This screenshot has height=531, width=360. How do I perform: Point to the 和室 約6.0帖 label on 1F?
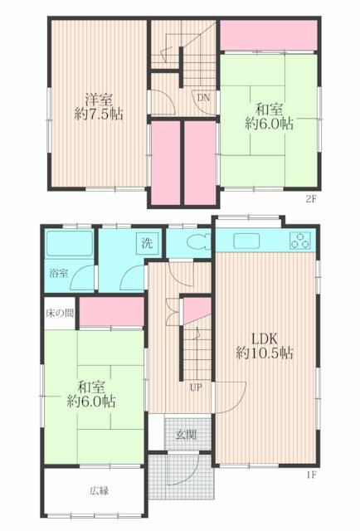tap(91, 394)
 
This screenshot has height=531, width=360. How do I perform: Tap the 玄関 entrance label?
tap(185, 435)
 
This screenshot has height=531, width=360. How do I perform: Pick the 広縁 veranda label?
tap(100, 490)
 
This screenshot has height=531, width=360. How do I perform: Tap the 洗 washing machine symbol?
tap(147, 244)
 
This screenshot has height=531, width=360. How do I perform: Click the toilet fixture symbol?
tap(196, 244)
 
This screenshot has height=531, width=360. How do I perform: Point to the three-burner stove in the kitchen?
tap(299, 241)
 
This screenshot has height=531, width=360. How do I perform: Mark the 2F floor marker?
tap(312, 200)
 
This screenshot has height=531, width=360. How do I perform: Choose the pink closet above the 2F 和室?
tap(269, 36)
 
